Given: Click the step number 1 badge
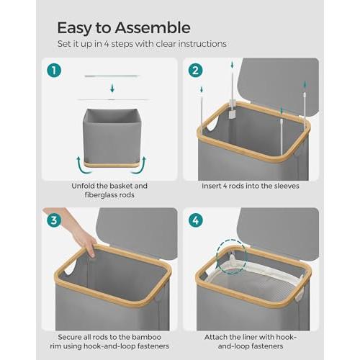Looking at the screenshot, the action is [54, 71].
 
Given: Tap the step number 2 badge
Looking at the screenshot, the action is [195, 71].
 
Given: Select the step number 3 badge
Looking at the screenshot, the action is [54, 220].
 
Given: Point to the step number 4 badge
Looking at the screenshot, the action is [195, 220].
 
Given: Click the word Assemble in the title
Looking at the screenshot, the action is [153, 27].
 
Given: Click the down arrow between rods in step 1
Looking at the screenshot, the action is [112, 89].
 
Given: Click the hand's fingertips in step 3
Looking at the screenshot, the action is [91, 253].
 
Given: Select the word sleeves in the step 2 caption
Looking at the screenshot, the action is [287, 186].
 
